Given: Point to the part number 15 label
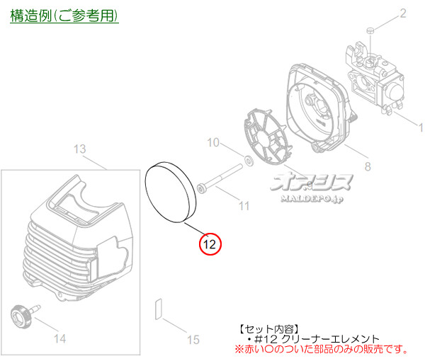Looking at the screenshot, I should point(193,340).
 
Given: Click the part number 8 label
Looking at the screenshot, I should point(367,166).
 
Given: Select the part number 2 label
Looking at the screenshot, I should point(402,13).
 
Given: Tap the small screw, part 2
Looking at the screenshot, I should point(370,30).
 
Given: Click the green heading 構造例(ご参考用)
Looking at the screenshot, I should point(64,15).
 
